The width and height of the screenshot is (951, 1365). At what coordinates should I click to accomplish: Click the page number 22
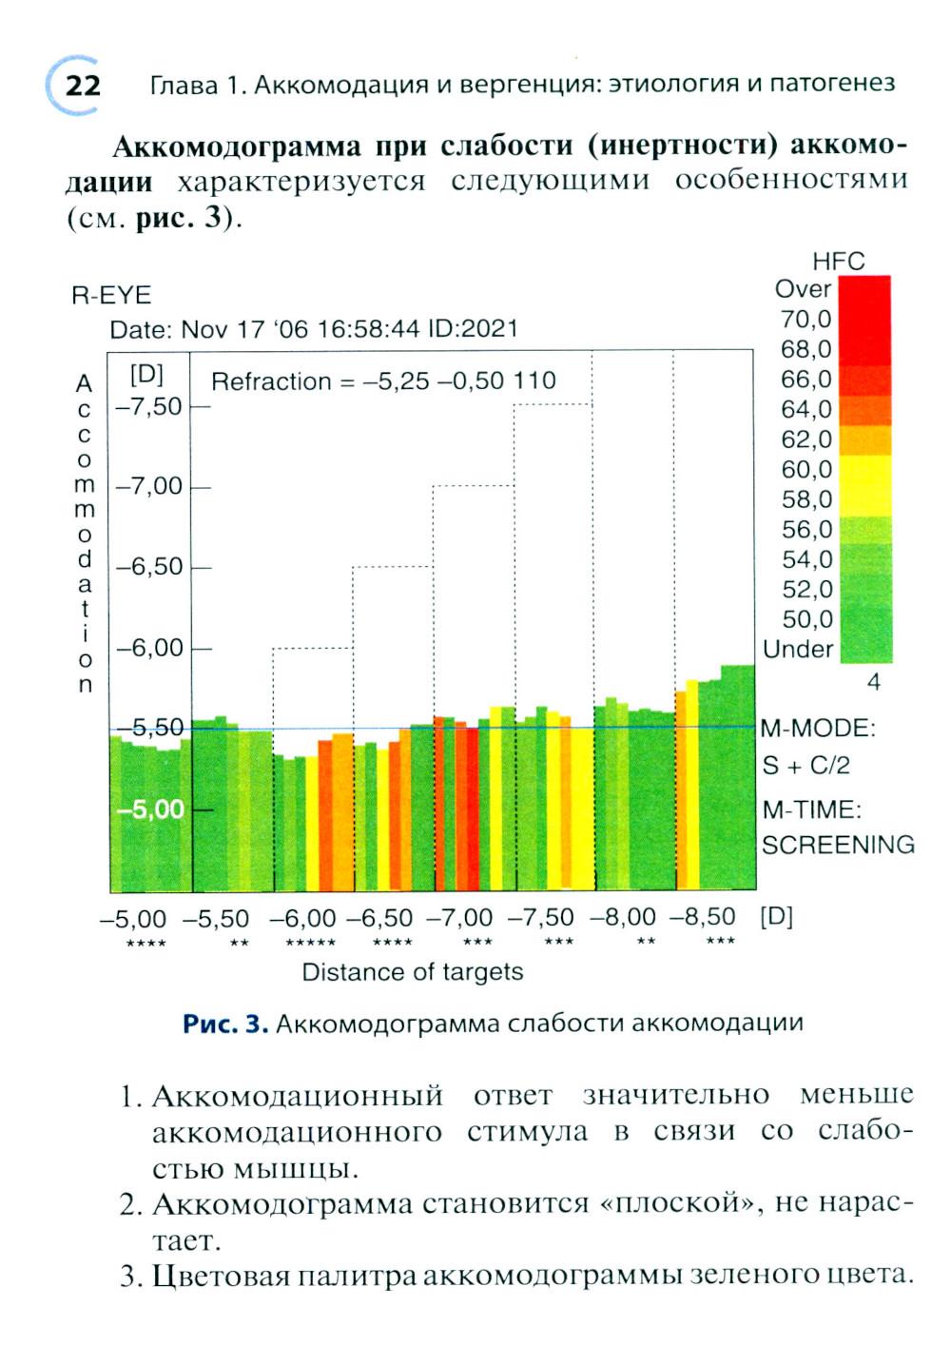83,87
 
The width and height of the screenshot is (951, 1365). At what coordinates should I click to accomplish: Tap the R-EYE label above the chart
111,295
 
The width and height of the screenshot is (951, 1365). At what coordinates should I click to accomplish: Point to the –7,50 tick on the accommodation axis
148,406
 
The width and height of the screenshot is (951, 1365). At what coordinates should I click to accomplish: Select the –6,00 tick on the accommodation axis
148,648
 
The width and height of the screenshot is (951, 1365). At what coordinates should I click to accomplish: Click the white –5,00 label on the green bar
150,809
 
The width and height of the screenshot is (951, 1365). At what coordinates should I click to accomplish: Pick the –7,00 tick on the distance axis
459,918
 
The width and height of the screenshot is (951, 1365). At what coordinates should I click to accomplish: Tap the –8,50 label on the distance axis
703,917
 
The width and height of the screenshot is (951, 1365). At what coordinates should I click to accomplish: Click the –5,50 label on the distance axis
216,919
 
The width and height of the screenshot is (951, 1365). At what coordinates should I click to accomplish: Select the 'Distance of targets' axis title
412,972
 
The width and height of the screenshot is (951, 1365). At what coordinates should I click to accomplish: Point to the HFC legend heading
838,262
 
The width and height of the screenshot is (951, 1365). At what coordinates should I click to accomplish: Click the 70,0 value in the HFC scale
806,319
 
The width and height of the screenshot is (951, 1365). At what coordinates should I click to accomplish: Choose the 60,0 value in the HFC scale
806,469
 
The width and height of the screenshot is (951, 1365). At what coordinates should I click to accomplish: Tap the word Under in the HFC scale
798,650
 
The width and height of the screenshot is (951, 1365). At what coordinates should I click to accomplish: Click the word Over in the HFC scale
803,289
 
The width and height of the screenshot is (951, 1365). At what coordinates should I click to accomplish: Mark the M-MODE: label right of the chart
818,729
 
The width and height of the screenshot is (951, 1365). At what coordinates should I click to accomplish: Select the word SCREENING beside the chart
838,845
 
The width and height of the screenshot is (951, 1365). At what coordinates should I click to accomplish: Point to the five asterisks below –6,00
310,943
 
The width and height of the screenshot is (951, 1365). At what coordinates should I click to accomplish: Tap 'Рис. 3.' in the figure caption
225,1024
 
